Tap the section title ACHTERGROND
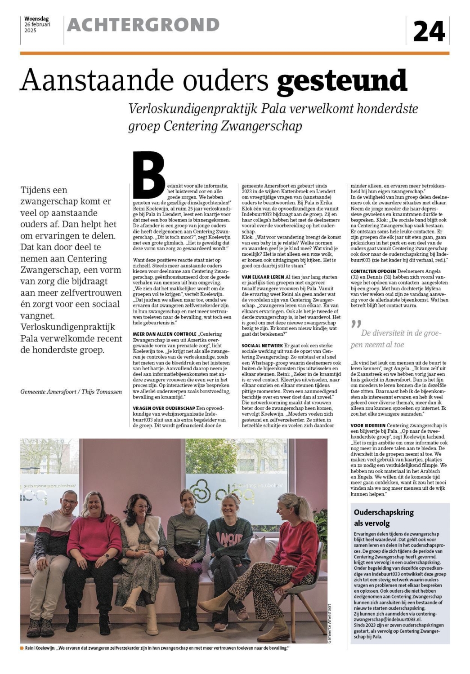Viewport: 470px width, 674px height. click(x=143, y=25)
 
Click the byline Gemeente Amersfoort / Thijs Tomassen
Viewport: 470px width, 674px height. click(x=71, y=392)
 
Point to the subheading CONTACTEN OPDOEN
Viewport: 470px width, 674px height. click(x=373, y=271)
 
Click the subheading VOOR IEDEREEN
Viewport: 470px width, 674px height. click(x=367, y=425)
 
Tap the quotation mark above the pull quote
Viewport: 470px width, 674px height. click(x=356, y=324)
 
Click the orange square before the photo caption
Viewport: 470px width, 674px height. click(x=22, y=648)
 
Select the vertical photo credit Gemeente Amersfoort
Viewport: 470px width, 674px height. click(x=330, y=624)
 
